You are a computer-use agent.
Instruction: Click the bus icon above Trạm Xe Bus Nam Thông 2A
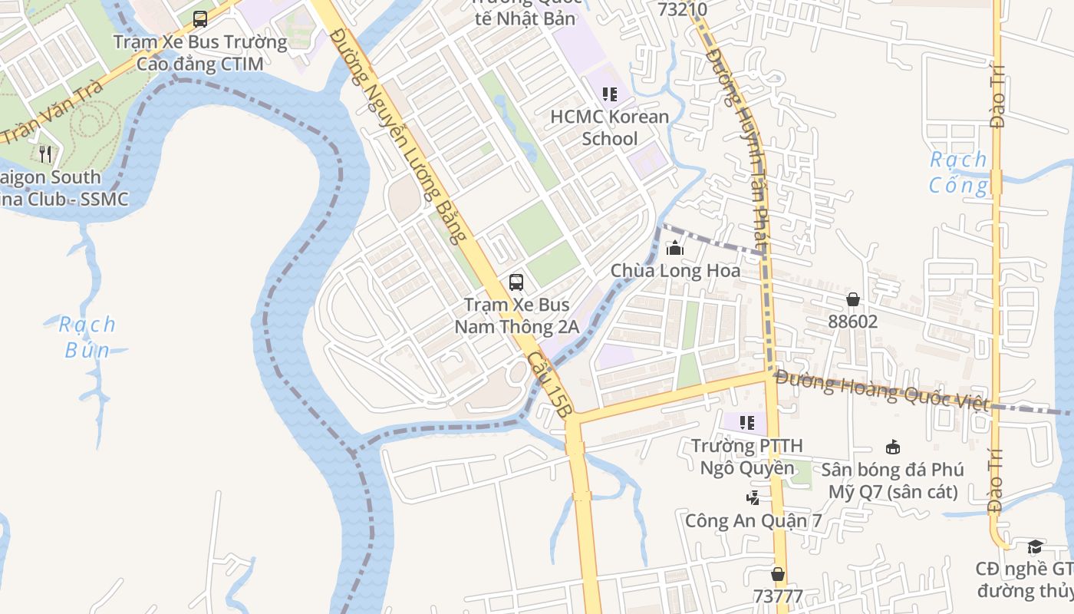click(x=516, y=282)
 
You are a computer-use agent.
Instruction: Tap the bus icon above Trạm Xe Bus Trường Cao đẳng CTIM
click(x=200, y=19)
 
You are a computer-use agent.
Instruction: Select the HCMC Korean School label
click(x=610, y=127)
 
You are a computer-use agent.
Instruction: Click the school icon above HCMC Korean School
click(x=610, y=94)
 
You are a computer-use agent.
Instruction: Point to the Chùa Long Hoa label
click(x=676, y=271)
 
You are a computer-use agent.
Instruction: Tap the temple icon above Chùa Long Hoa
click(x=675, y=248)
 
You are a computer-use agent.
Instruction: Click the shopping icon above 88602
click(x=853, y=299)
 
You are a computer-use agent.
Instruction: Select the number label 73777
click(x=778, y=596)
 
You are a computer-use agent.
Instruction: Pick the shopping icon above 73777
click(x=778, y=574)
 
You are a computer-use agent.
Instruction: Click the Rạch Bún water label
click(x=87, y=337)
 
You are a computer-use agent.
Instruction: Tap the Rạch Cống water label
click(x=958, y=172)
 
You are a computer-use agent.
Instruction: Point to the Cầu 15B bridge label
click(x=550, y=388)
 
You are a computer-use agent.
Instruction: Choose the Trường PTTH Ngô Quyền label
click(x=747, y=456)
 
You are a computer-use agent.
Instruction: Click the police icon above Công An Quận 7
click(x=753, y=497)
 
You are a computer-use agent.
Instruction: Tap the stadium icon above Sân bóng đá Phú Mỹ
click(x=893, y=447)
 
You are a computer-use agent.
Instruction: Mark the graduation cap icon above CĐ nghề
click(x=1035, y=546)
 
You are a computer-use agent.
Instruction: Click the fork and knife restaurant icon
click(x=45, y=154)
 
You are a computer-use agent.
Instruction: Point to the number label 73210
click(x=683, y=9)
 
